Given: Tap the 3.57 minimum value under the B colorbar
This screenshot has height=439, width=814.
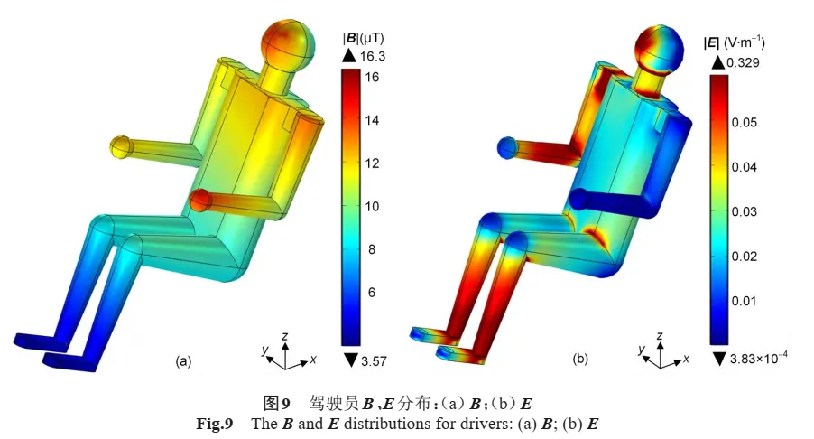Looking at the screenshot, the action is point(374,360).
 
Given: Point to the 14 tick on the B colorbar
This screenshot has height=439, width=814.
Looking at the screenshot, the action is point(372,120).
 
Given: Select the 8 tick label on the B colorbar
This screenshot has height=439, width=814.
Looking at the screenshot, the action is point(371,249).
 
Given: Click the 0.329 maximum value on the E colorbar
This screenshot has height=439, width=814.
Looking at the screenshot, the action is point(743,63).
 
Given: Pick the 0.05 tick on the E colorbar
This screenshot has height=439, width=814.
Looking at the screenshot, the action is point(745,122).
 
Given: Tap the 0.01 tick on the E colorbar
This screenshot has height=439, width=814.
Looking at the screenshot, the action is point(745,301).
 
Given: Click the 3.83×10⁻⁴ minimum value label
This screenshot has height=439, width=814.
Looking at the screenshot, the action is point(758,358).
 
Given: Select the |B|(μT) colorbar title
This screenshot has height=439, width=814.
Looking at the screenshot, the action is point(363,38).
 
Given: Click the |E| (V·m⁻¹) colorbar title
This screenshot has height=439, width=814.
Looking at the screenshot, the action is point(734,43).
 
